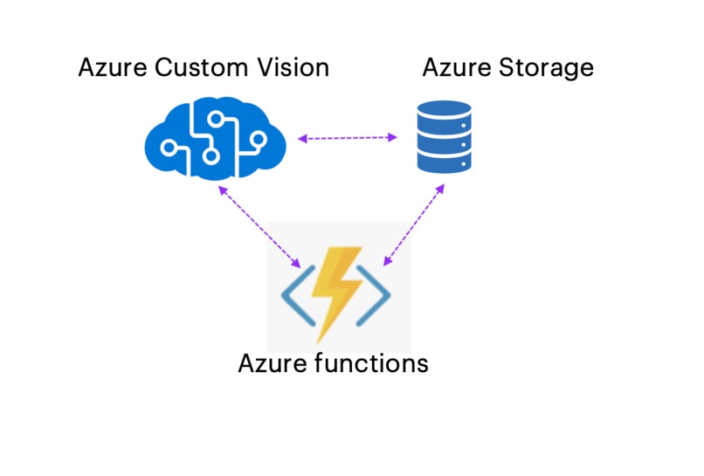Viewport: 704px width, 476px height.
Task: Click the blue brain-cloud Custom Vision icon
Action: coord(215,138)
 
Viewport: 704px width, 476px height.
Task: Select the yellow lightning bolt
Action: coord(337,292)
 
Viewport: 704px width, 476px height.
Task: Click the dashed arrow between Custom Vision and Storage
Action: coord(348,138)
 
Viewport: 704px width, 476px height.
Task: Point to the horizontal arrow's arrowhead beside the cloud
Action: coord(300,139)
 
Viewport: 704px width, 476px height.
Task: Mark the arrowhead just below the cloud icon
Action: coord(222,188)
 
